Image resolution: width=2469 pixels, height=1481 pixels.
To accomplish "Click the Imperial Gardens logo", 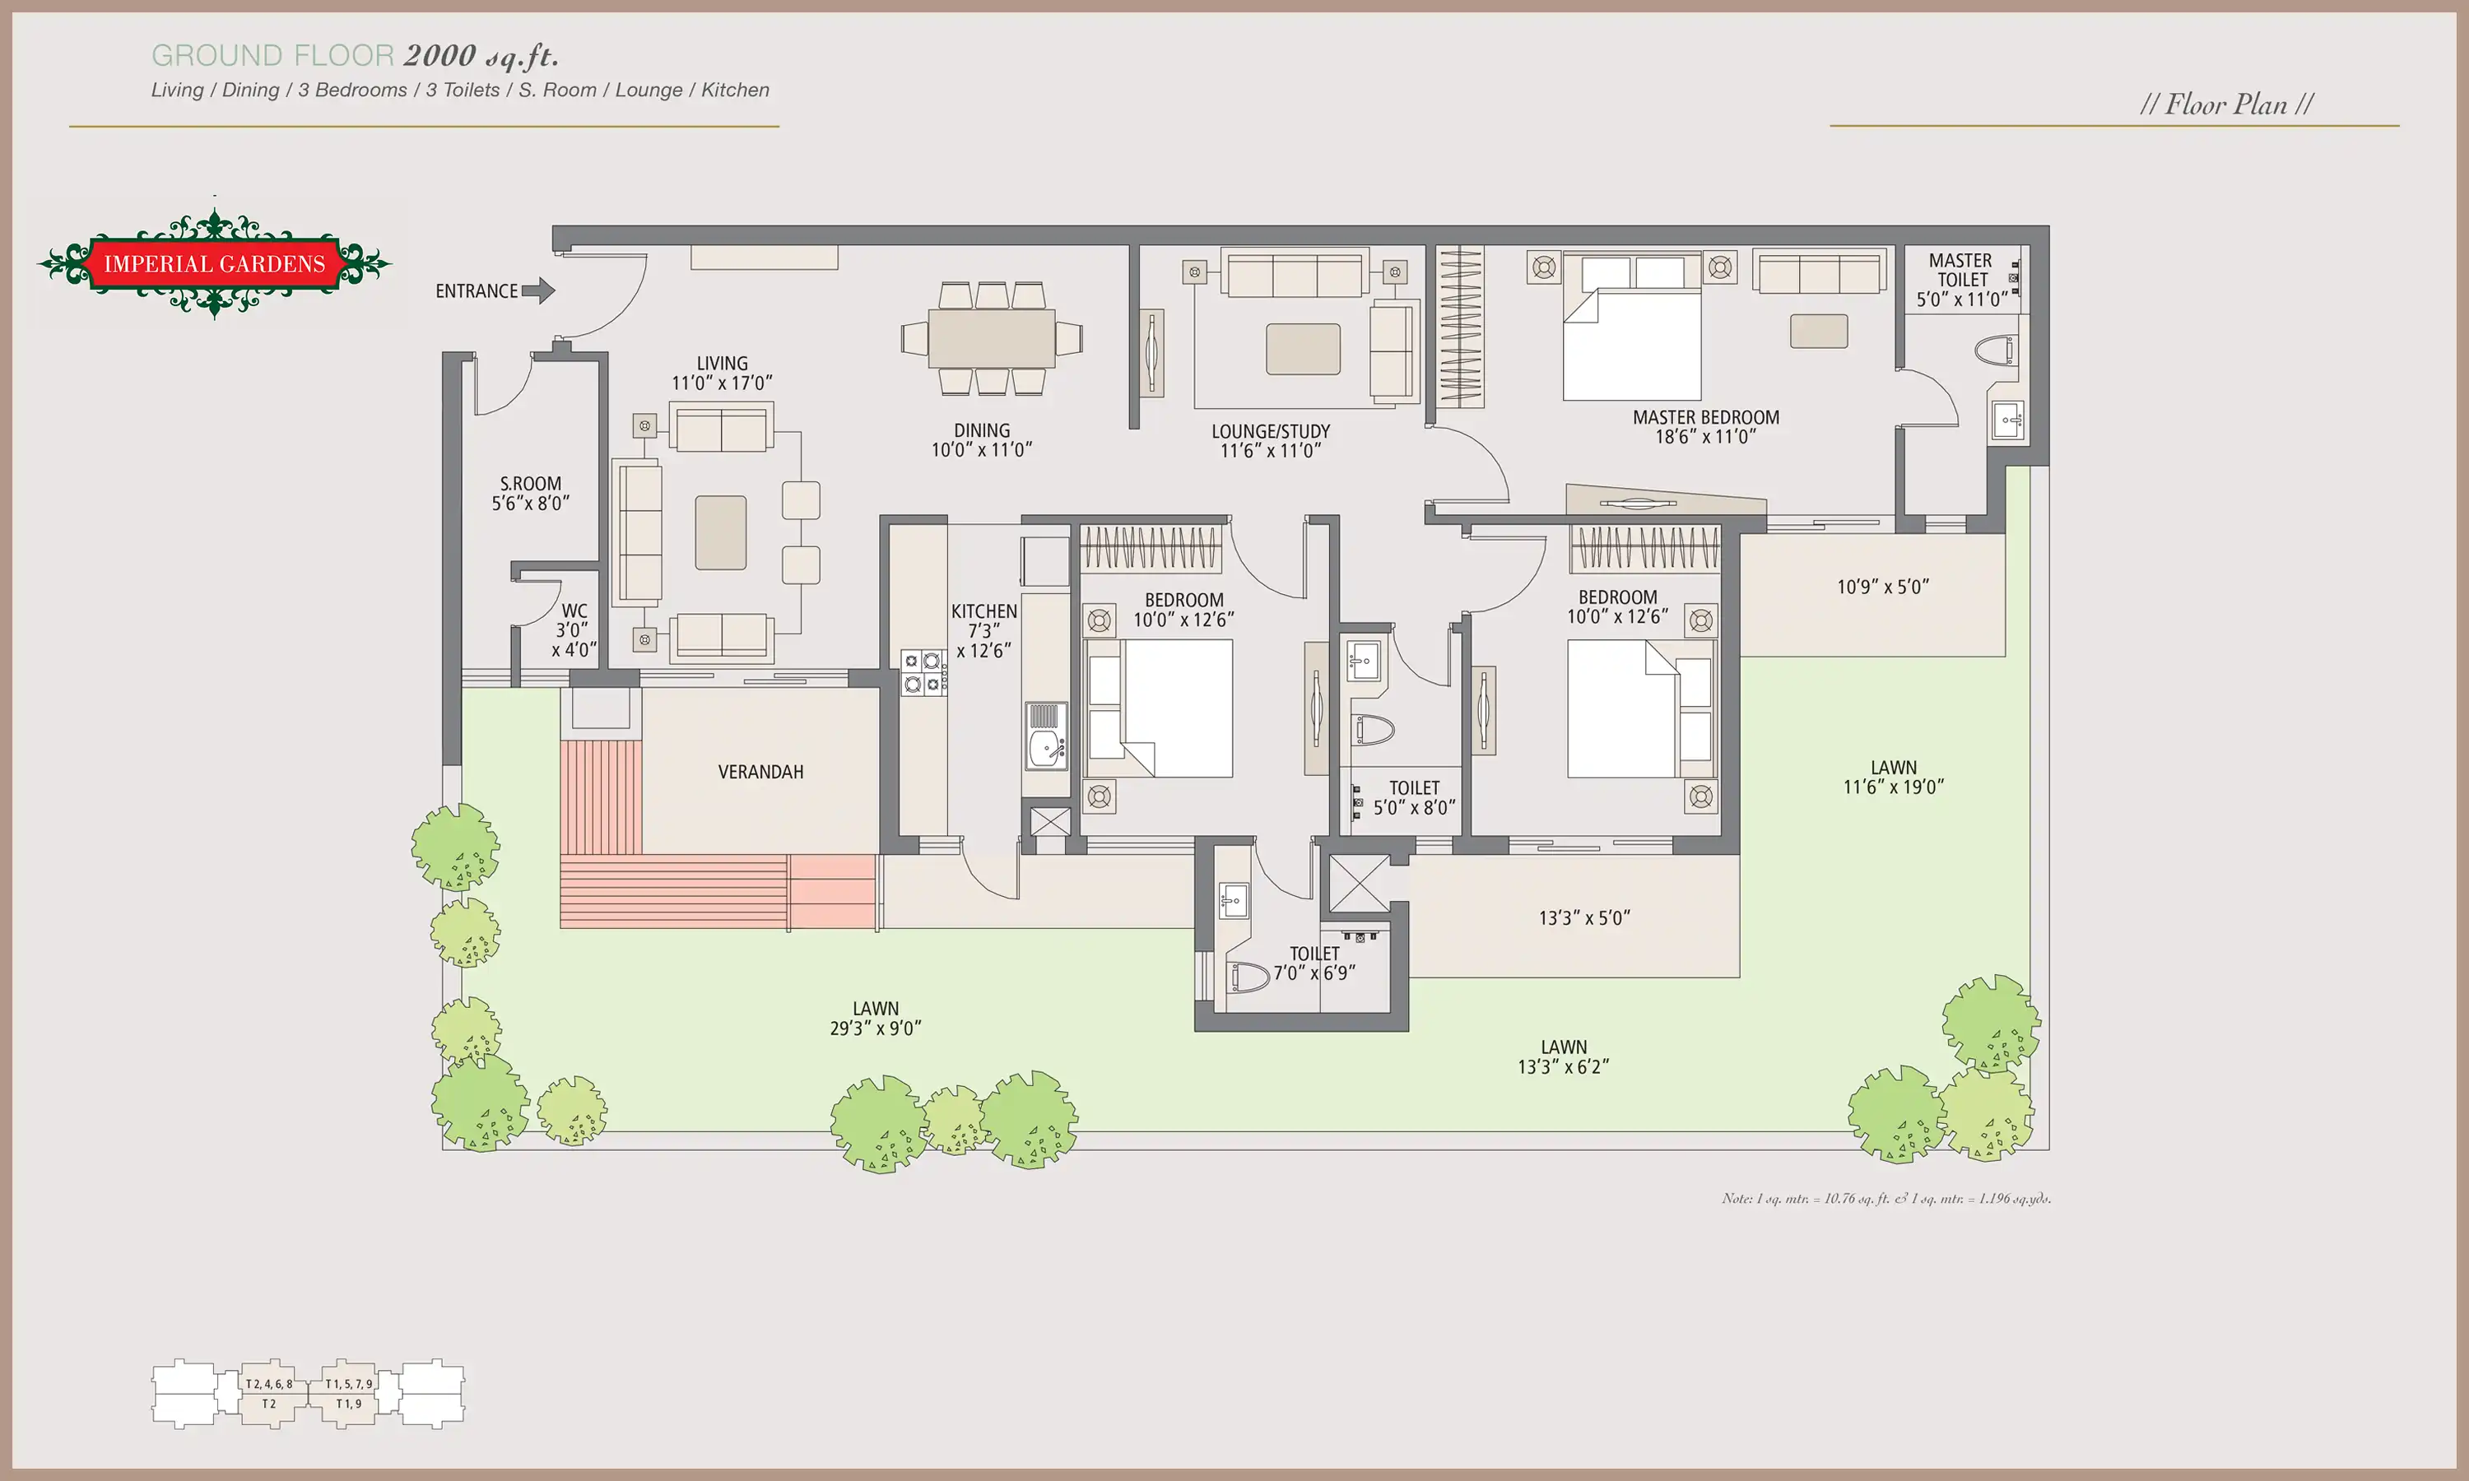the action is click(215, 263).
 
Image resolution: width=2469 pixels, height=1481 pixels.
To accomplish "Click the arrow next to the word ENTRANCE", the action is click(538, 290).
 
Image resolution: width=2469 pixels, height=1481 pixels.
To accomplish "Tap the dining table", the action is click(991, 338).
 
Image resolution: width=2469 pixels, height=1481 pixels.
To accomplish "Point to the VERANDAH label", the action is click(760, 772).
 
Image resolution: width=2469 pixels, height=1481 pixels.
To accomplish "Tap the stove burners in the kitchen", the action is click(922, 671).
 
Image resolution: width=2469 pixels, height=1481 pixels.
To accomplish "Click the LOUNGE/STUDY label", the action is click(1271, 440).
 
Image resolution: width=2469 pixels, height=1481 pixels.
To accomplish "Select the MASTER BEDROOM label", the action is click(1705, 426).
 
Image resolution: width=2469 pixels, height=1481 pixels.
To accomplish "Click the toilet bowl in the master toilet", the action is click(1995, 351).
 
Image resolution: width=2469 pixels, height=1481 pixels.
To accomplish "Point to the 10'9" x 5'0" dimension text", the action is click(1883, 587).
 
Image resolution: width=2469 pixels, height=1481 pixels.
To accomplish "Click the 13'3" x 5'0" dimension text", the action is click(1583, 917).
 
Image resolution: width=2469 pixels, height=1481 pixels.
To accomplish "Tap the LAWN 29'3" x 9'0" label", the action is click(875, 1018).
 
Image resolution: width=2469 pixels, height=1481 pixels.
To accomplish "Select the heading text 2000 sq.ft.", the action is click(481, 56).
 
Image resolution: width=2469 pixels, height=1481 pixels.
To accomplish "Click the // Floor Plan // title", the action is click(2226, 104).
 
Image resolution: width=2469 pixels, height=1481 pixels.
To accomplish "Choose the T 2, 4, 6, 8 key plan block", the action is click(269, 1393).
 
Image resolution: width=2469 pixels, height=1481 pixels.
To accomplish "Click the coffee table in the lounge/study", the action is click(1304, 350).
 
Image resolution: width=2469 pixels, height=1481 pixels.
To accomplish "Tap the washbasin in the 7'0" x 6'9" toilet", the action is click(1234, 900).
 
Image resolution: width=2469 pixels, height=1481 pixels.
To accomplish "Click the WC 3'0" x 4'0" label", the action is click(574, 629).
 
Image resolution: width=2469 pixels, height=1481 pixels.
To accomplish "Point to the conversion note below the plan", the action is click(1886, 1198).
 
